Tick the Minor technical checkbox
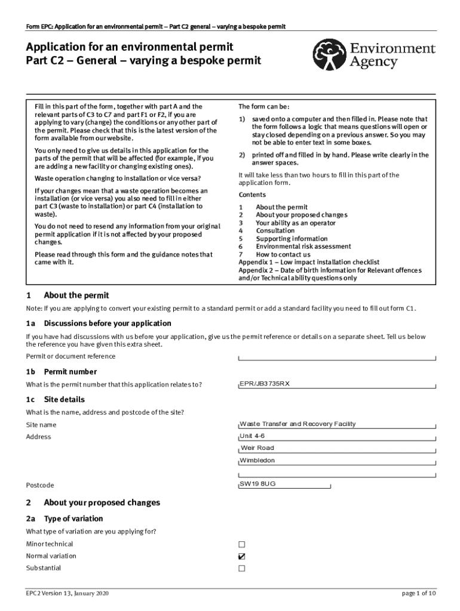click(x=242, y=544)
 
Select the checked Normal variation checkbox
click(x=242, y=556)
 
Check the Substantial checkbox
click(x=242, y=568)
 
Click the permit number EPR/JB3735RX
click(x=264, y=384)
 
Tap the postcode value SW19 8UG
click(x=257, y=484)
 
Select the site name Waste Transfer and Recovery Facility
click(x=298, y=424)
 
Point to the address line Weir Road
click(x=257, y=448)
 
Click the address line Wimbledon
click(x=257, y=461)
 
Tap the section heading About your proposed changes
click(x=102, y=502)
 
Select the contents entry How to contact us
click(x=283, y=255)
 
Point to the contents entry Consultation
click(x=275, y=231)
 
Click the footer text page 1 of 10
click(x=419, y=593)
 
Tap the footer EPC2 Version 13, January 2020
click(x=67, y=593)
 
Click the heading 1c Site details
click(x=64, y=399)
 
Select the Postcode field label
click(x=40, y=485)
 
